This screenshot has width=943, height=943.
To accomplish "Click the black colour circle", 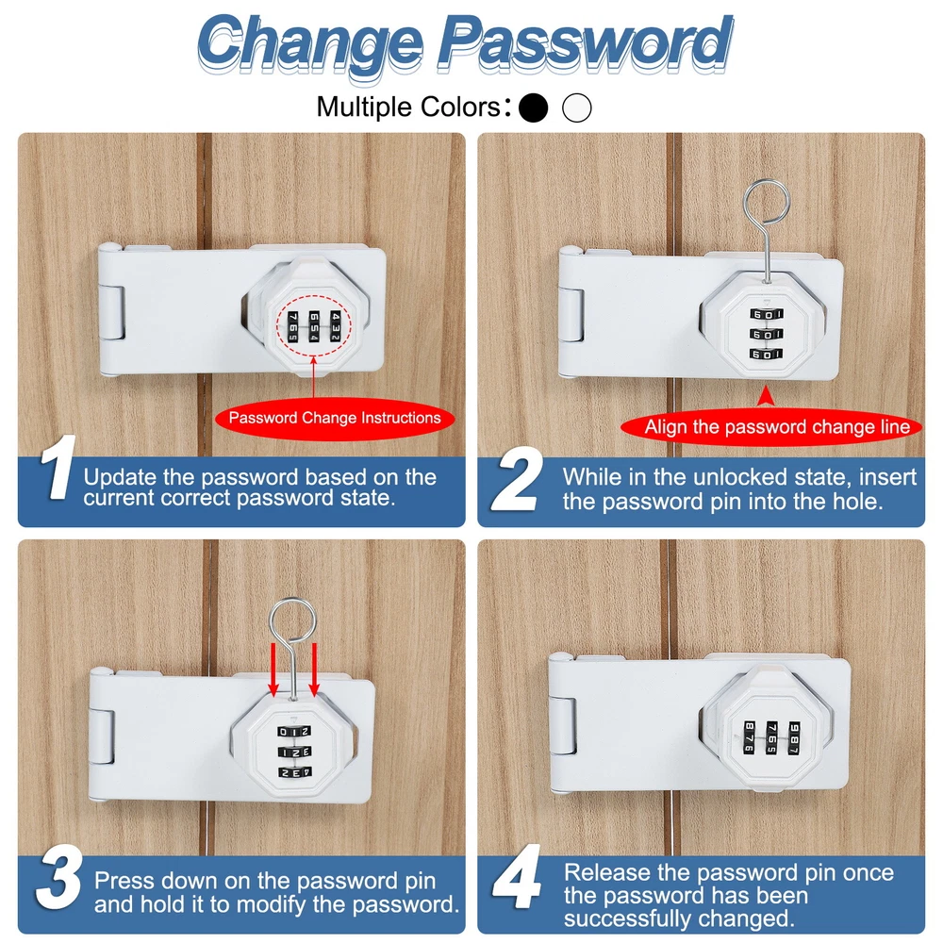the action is pos(533,108).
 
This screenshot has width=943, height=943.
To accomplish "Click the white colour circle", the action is pos(577,108).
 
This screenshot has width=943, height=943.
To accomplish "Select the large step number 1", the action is pos(58,467).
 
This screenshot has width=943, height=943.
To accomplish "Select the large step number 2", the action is pos(517,480).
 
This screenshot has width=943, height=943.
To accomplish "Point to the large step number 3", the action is pos(58,877).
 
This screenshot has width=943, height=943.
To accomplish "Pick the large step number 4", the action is pos(517,877).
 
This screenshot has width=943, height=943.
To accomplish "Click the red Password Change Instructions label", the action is pos(335,418).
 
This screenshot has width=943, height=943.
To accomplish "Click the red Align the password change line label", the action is pos(772,427).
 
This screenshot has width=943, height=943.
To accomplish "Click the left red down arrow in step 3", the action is pos(273,670).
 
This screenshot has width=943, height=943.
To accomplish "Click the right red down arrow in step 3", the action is pos(314,670).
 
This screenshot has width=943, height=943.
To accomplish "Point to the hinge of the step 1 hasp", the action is pos(112,313).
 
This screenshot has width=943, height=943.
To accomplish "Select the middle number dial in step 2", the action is pos(766,335).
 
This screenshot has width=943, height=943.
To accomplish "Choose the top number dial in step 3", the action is pos(293,732).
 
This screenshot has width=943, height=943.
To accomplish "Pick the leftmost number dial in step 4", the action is pos(750,736).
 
